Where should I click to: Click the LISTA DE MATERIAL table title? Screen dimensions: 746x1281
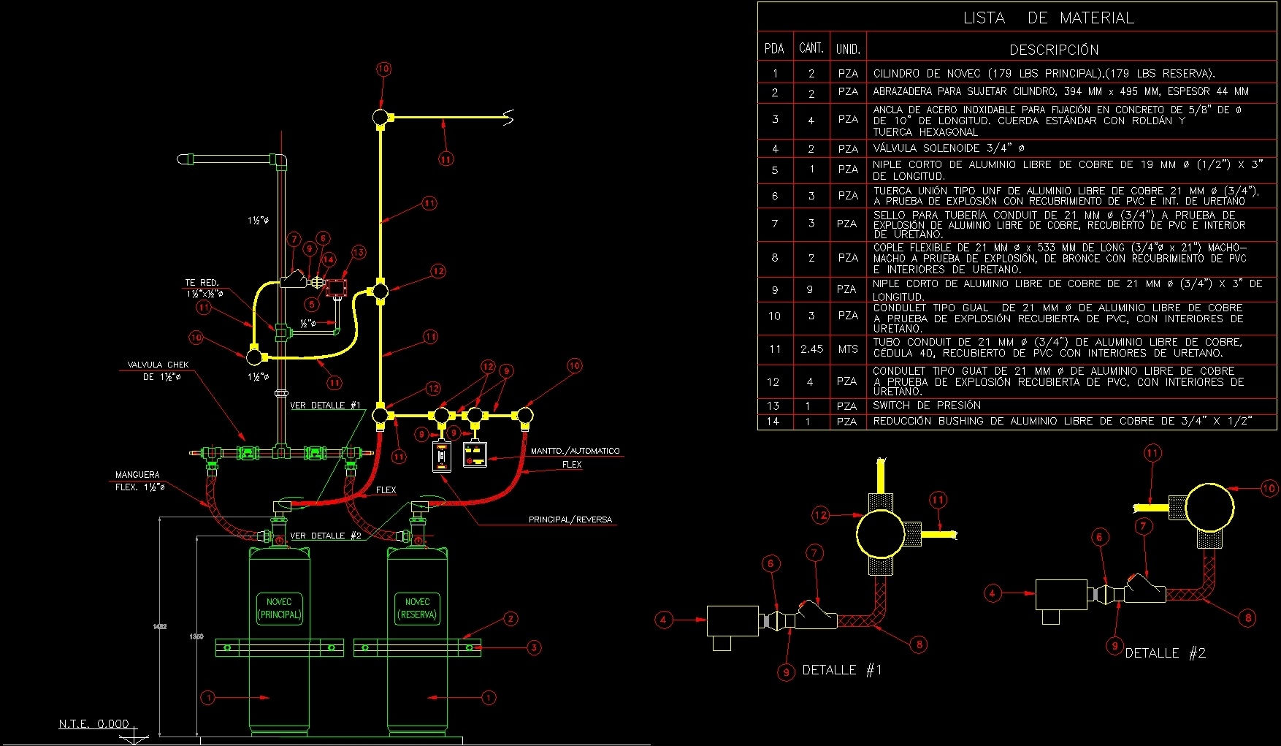click(x=1048, y=18)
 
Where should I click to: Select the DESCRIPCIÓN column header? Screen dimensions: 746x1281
click(x=1054, y=50)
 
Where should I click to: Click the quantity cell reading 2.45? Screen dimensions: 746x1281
click(x=811, y=349)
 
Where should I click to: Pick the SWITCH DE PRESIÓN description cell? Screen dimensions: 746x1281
click(x=927, y=406)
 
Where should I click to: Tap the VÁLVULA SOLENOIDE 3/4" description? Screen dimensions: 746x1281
click(x=948, y=148)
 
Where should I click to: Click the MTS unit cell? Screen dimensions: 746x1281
click(x=847, y=349)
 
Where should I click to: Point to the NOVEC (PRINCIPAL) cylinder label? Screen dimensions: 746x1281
click(x=279, y=608)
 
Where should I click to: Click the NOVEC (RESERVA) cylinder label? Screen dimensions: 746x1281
click(x=417, y=608)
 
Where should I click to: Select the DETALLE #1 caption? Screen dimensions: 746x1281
click(x=841, y=670)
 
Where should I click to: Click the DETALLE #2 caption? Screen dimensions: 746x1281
click(x=1165, y=653)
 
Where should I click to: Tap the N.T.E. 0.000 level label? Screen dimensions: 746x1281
click(x=93, y=724)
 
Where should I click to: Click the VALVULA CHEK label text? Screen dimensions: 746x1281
click(x=158, y=365)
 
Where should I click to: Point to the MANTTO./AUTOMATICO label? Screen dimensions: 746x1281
click(x=575, y=451)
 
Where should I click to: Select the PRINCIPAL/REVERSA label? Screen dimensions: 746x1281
click(x=570, y=519)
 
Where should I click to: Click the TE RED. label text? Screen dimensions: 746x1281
click(x=202, y=283)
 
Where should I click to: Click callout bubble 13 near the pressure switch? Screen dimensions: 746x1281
click(x=358, y=252)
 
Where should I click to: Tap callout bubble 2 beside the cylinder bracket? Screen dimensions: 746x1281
click(x=511, y=619)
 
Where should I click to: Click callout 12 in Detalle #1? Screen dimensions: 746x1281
click(x=820, y=515)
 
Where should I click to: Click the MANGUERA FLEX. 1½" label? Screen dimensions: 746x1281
click(x=139, y=481)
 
